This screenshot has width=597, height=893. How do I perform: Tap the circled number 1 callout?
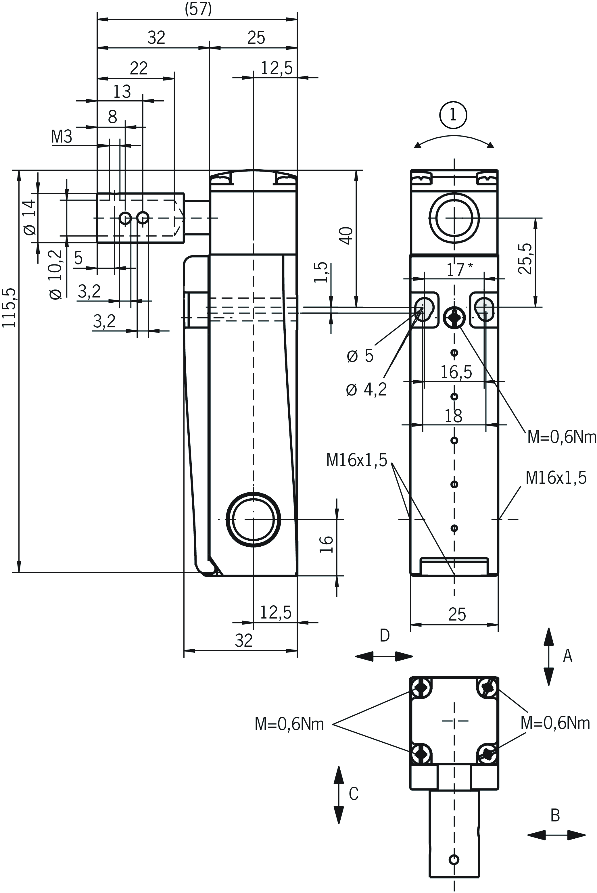[453, 115]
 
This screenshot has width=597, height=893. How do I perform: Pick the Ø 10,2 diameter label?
[56, 275]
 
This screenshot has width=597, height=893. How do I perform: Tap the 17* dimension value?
[459, 270]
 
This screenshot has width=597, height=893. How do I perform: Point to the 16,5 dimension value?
[456, 372]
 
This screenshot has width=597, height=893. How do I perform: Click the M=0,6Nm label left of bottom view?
[289, 724]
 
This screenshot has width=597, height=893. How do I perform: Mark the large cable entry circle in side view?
[253, 520]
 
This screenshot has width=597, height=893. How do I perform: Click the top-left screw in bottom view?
[421, 687]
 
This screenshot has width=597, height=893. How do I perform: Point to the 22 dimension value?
[139, 68]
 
